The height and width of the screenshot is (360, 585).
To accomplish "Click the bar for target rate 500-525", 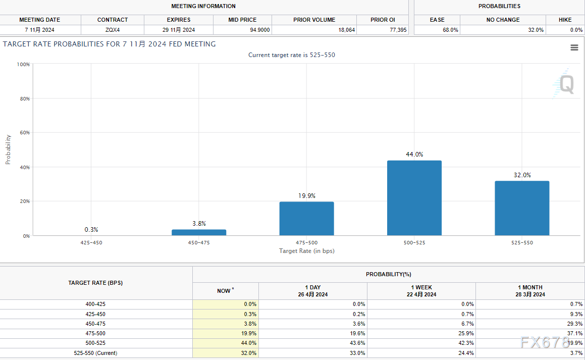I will tap(414, 198).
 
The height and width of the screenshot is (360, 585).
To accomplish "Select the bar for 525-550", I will tap(522, 208).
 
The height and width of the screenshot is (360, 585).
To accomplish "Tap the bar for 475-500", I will tap(306, 218).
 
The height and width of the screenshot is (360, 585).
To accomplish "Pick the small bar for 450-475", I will tap(199, 232).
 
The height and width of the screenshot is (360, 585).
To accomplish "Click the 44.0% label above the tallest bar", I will tap(414, 155).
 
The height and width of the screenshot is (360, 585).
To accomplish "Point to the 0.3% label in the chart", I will tap(91, 230).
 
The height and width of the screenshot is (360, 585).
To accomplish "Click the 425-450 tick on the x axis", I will tap(91, 243).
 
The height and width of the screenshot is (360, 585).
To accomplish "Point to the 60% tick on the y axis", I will tap(25, 133).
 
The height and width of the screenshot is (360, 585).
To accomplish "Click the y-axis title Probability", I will tap(8, 149).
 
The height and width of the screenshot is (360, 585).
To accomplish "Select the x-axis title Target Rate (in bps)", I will tap(306, 251).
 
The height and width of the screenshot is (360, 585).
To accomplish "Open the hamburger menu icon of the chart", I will tap(574, 47).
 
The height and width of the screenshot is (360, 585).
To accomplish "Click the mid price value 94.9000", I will tap(260, 30).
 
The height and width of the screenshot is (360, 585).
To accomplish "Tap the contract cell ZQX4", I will tap(113, 30).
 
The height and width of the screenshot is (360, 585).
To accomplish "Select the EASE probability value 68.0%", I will tap(451, 30).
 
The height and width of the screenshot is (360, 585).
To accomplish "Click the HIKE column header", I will tap(565, 20).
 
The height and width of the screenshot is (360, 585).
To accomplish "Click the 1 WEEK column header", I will tap(421, 291).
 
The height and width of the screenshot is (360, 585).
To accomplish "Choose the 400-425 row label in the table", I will tap(95, 304).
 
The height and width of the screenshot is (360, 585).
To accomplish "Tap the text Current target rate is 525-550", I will tap(291, 55).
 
